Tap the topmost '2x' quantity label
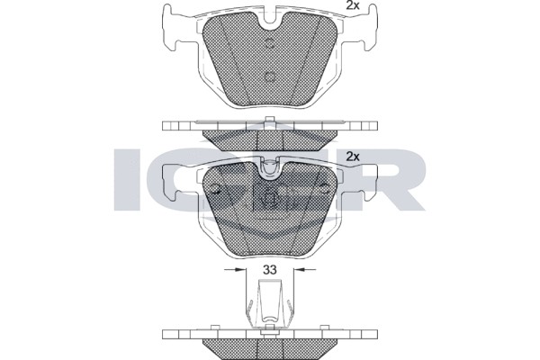(x=354, y=6)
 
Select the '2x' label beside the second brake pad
(x=353, y=157)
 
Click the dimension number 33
(x=270, y=269)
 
